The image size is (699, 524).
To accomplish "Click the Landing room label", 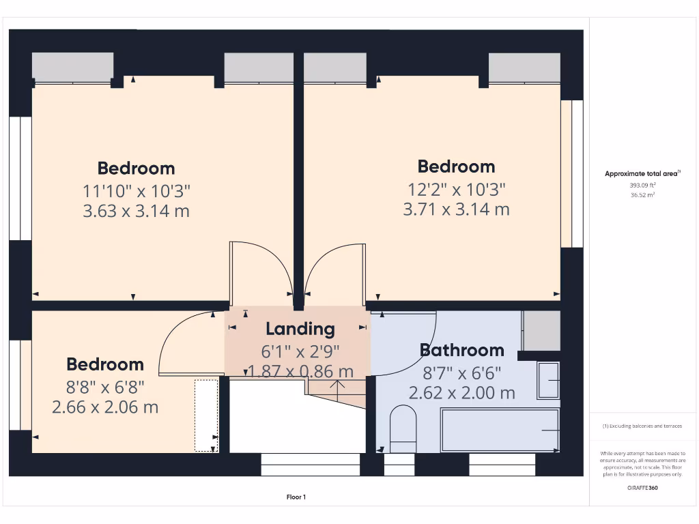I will (x=300, y=329).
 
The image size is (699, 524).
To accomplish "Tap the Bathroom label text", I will (x=461, y=350).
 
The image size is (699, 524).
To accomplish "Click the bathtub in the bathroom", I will (x=500, y=430).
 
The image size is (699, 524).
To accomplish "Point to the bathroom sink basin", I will (x=548, y=380).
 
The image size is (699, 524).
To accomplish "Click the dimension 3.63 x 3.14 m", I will (x=136, y=211).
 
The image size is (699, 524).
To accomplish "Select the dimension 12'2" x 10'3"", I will (x=456, y=188).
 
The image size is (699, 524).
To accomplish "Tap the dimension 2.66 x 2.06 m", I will (x=105, y=407).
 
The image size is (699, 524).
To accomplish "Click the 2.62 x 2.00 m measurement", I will (x=461, y=393).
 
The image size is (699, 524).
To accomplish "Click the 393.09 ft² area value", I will (x=642, y=185).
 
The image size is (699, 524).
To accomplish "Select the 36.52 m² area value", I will (x=642, y=195).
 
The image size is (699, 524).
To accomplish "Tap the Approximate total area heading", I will (x=642, y=174).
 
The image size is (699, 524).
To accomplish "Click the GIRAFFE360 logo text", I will (x=642, y=488).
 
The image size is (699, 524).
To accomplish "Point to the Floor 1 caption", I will (x=296, y=497).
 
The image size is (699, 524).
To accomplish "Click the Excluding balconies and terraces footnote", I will (x=642, y=426).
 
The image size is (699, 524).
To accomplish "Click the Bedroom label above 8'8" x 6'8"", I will (x=105, y=364).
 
